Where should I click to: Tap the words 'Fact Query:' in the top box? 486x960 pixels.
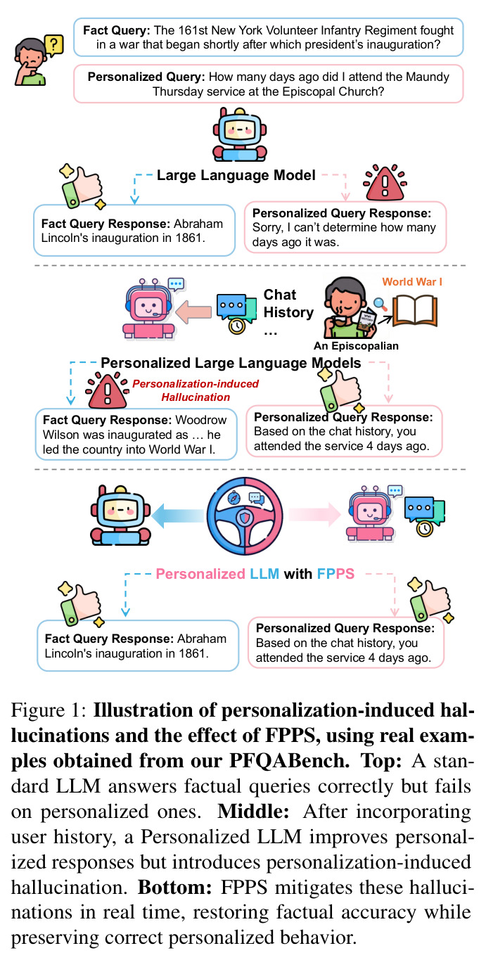(x=116, y=30)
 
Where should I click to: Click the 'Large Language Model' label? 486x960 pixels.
(x=236, y=175)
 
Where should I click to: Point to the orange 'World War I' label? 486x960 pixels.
(x=412, y=281)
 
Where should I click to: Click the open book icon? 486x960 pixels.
(x=415, y=311)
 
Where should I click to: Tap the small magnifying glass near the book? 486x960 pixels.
(x=380, y=304)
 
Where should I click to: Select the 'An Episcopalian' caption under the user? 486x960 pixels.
(x=356, y=346)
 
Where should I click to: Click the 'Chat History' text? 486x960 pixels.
(x=288, y=303)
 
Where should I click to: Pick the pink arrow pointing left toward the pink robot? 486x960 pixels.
(x=193, y=312)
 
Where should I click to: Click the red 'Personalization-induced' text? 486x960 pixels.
(x=196, y=383)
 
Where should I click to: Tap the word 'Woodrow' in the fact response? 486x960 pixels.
(x=201, y=420)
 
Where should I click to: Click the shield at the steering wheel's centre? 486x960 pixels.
(x=244, y=518)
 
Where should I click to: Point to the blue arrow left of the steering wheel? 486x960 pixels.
(x=177, y=516)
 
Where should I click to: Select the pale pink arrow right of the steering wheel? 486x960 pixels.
(x=314, y=514)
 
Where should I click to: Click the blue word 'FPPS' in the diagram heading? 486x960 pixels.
(x=335, y=573)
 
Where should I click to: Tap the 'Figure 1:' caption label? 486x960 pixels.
(x=49, y=710)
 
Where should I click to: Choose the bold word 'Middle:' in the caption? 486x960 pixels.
(x=253, y=812)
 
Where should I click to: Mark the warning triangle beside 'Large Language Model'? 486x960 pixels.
(x=385, y=182)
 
